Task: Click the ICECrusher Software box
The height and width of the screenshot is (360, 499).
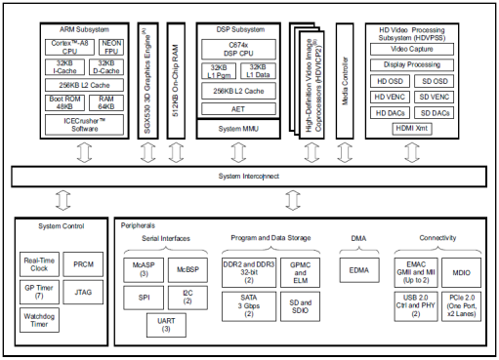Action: click(86, 125)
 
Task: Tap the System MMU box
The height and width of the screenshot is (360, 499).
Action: click(238, 129)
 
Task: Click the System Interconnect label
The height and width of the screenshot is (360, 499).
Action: click(249, 177)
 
